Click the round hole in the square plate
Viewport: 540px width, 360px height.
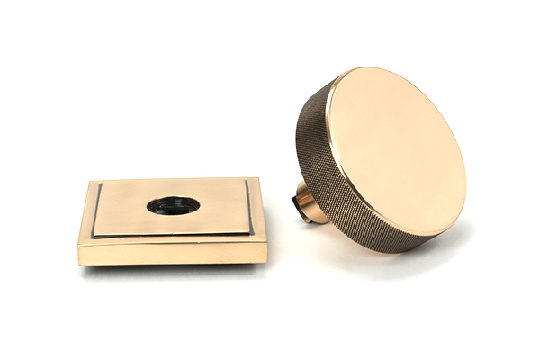click(173, 204)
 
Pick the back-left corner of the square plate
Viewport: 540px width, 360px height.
click(91, 182)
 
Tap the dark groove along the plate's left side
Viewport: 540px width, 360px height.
click(94, 211)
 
